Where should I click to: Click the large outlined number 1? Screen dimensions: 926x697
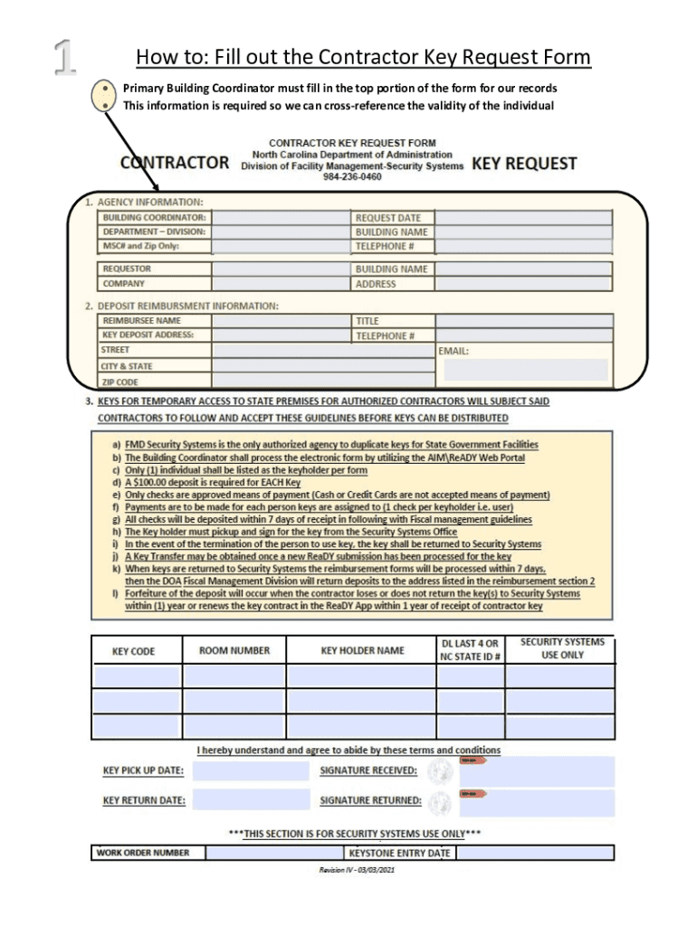(63, 58)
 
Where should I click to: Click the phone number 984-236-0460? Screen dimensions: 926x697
(352, 177)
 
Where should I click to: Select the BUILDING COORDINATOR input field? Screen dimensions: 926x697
(280, 218)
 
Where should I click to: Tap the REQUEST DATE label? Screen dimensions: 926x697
(387, 218)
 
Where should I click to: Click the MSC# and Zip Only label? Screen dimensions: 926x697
(140, 246)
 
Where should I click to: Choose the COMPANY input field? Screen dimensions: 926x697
(280, 284)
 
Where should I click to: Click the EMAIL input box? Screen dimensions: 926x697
(525, 369)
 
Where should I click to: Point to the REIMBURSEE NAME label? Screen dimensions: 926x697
(141, 321)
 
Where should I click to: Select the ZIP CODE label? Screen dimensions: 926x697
(120, 382)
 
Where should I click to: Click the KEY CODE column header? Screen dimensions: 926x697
(133, 651)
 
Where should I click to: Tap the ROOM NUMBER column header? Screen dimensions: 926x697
(234, 650)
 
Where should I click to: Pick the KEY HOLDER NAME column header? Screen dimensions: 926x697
(362, 650)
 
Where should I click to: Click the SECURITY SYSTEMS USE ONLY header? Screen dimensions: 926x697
(561, 648)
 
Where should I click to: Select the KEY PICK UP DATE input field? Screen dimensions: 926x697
(251, 771)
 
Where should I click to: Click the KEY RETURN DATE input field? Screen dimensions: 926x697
(251, 800)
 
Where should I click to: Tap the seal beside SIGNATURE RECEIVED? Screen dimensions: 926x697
(441, 771)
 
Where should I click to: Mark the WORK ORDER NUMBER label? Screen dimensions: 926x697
(143, 853)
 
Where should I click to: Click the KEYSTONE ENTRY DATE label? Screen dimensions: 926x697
(399, 853)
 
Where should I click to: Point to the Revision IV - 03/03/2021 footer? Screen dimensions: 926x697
(357, 871)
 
